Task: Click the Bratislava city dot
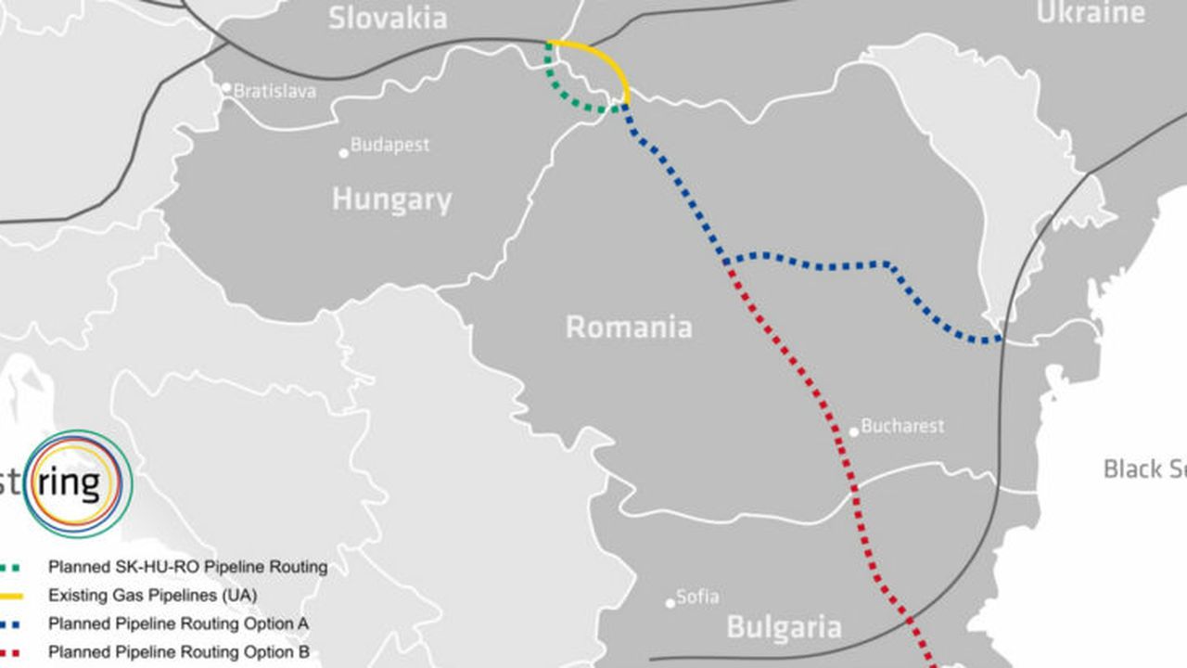tap(225, 88)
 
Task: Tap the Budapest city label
tap(389, 146)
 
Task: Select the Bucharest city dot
tap(854, 431)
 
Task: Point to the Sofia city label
tap(697, 597)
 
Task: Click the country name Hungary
tap(391, 199)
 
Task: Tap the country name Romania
tap(629, 328)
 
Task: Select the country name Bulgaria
tap(784, 627)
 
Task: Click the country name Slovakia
tap(388, 17)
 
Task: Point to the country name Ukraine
tap(1091, 13)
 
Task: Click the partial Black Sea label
tap(1144, 469)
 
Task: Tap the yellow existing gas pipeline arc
tap(603, 57)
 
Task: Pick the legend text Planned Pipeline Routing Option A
tap(178, 623)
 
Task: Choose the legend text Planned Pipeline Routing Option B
tap(178, 652)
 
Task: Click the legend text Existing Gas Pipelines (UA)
tap(152, 595)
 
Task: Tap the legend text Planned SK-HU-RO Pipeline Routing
tap(187, 566)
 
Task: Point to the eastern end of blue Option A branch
tap(1000, 339)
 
